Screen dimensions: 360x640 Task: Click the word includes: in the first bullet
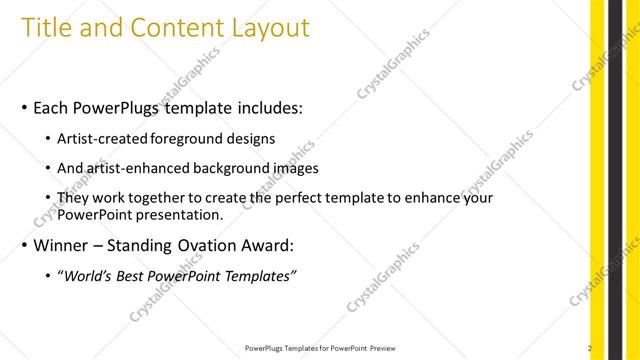click(x=259, y=107)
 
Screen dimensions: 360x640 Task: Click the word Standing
click(x=148, y=245)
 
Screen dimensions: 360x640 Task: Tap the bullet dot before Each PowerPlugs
click(x=22, y=108)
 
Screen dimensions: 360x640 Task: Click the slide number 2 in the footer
click(x=590, y=348)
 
